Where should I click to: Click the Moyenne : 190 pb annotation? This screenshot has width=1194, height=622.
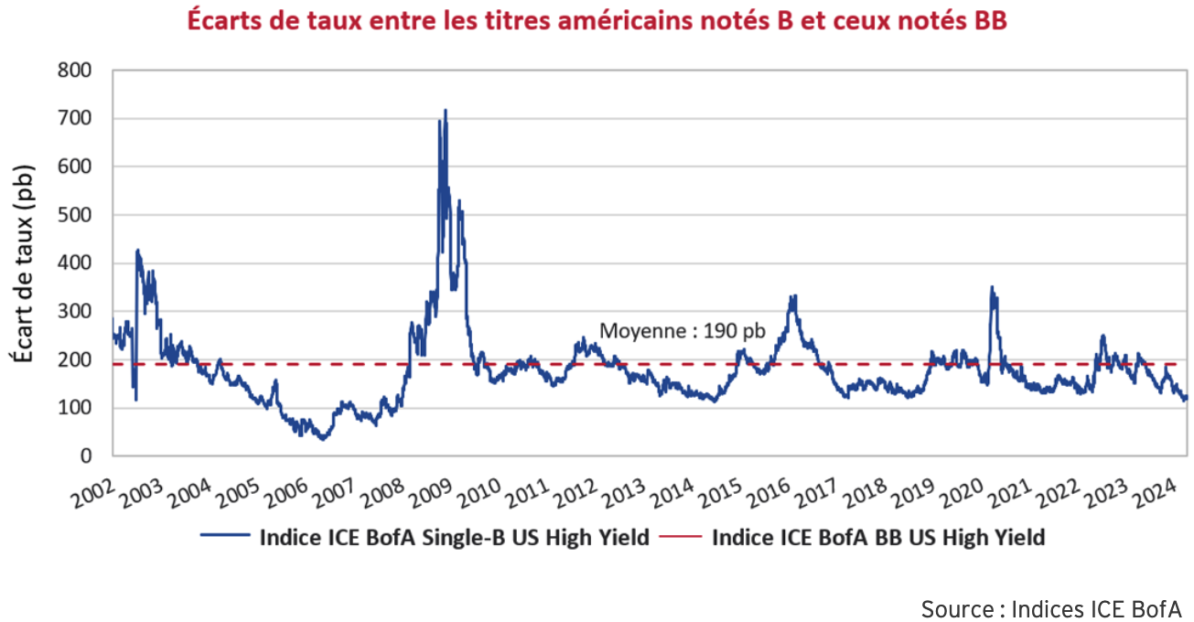point(682,331)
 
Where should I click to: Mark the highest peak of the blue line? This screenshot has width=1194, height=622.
point(446,111)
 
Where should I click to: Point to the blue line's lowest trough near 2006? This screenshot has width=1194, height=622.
point(322,439)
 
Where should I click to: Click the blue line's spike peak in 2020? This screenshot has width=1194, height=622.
point(991,288)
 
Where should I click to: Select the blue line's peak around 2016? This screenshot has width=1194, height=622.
point(793,296)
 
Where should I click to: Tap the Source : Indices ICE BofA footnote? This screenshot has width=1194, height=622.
point(1051,608)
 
